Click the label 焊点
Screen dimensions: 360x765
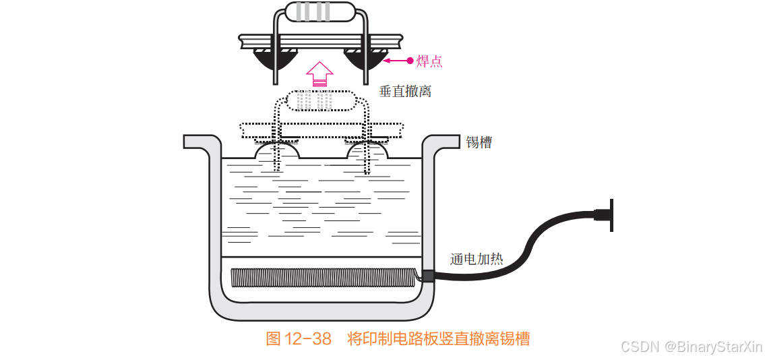click(429, 61)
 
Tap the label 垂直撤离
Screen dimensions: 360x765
click(404, 91)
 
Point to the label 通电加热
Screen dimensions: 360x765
click(477, 259)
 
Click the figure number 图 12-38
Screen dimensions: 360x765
click(299, 338)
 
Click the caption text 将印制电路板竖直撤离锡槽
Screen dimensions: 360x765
click(439, 338)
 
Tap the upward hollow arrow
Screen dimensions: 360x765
click(319, 71)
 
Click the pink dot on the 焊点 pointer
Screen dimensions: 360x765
click(410, 61)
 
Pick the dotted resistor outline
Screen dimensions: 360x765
click(319, 101)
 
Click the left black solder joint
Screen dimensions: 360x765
click(276, 60)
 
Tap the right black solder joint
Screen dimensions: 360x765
click(365, 60)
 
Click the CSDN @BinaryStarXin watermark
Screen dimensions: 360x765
click(692, 347)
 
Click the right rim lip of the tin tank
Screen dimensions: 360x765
click(441, 141)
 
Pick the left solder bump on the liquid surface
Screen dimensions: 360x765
click(276, 152)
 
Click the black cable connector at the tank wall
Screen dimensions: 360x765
click(426, 276)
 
